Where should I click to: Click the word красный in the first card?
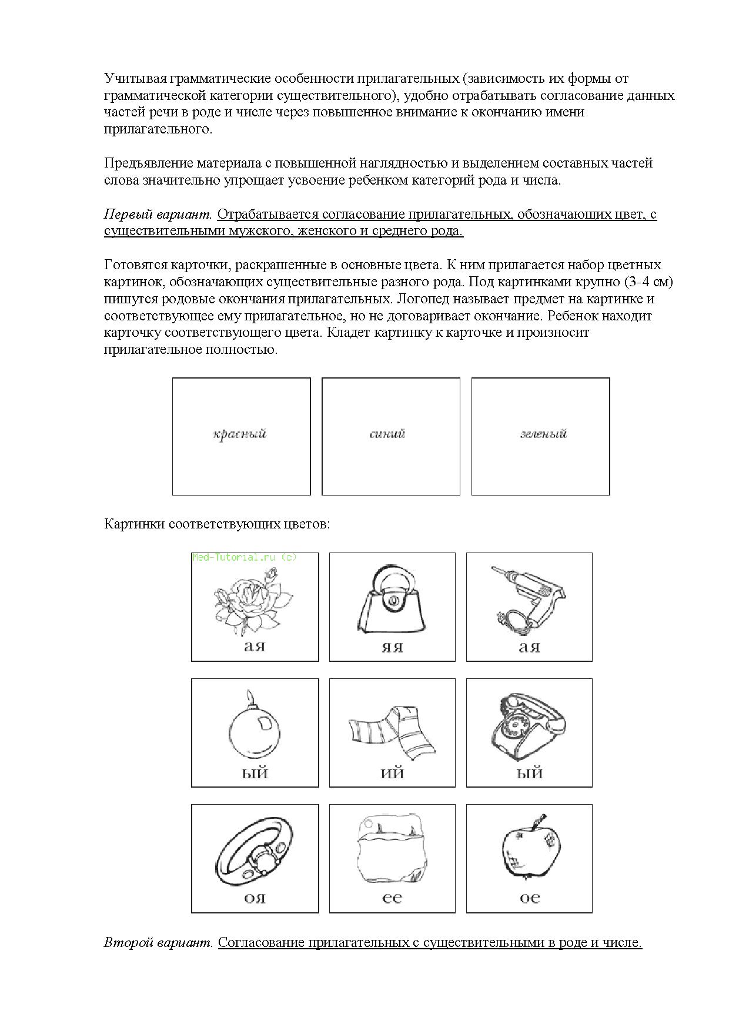(x=240, y=434)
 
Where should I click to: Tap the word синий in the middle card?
(x=388, y=434)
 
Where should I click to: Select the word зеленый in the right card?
(x=543, y=434)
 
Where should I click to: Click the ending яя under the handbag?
(x=392, y=647)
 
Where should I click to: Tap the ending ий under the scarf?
(x=392, y=773)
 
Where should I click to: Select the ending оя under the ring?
(x=255, y=899)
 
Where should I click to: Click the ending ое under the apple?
(x=529, y=899)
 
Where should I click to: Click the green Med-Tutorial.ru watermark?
(x=245, y=557)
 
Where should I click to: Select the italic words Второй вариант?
(x=158, y=943)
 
